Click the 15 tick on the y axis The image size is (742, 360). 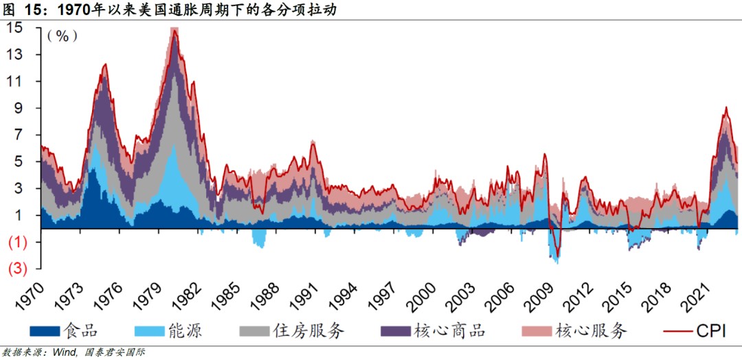[x=14, y=28]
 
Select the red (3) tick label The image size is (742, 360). [x=16, y=269]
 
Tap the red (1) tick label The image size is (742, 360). [x=16, y=242]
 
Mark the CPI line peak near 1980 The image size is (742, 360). [x=175, y=32]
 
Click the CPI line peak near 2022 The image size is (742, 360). [x=726, y=107]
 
